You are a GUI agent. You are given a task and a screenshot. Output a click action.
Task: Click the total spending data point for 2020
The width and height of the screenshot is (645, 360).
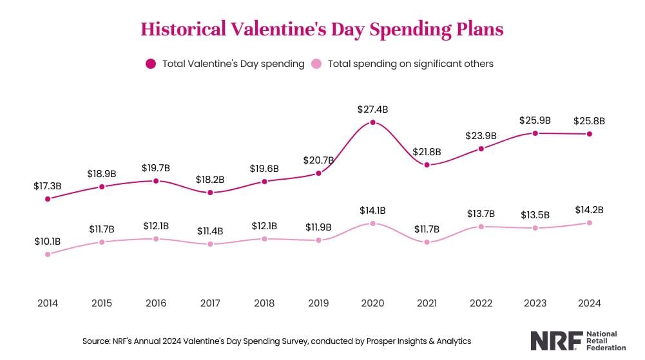pos(372,122)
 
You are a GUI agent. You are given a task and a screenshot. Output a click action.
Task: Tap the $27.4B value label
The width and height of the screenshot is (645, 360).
pos(372,109)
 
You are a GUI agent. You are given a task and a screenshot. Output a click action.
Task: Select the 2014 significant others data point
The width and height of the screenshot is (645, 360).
pos(48,254)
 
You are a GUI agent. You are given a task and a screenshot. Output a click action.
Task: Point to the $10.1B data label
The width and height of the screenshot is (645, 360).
pos(48,241)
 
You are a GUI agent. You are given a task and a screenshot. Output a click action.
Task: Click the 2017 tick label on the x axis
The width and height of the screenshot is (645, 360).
pos(210,303)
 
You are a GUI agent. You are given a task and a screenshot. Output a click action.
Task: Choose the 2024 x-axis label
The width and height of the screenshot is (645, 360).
pos(589,303)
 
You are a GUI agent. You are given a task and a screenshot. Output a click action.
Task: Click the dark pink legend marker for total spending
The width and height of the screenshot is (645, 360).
pos(151,64)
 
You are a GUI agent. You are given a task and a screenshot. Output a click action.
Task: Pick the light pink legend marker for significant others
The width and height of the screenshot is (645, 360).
pos(316,64)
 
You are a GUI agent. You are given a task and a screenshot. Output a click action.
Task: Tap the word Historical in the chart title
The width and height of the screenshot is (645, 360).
pos(183,29)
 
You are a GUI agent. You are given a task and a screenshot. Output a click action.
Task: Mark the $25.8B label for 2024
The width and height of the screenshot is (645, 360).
pos(589,120)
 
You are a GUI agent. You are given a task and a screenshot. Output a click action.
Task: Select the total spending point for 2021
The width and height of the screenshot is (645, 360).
pos(427,165)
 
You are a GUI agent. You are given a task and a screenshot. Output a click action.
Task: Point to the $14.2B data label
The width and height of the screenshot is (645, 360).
pos(589,209)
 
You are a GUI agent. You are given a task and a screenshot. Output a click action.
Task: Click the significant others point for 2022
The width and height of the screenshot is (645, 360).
pos(481,227)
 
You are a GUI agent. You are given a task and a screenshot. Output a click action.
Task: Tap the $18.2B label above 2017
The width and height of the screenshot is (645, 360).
pos(210,179)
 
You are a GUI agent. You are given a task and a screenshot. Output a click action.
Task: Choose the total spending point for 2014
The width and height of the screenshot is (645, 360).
pos(48,199)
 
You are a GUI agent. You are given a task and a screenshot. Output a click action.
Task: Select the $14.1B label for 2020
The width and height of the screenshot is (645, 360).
pos(372,210)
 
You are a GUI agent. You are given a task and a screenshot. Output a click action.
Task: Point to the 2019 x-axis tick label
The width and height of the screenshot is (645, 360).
pos(318,303)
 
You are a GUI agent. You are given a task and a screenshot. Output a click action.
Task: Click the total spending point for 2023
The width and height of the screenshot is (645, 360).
pos(535,133)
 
